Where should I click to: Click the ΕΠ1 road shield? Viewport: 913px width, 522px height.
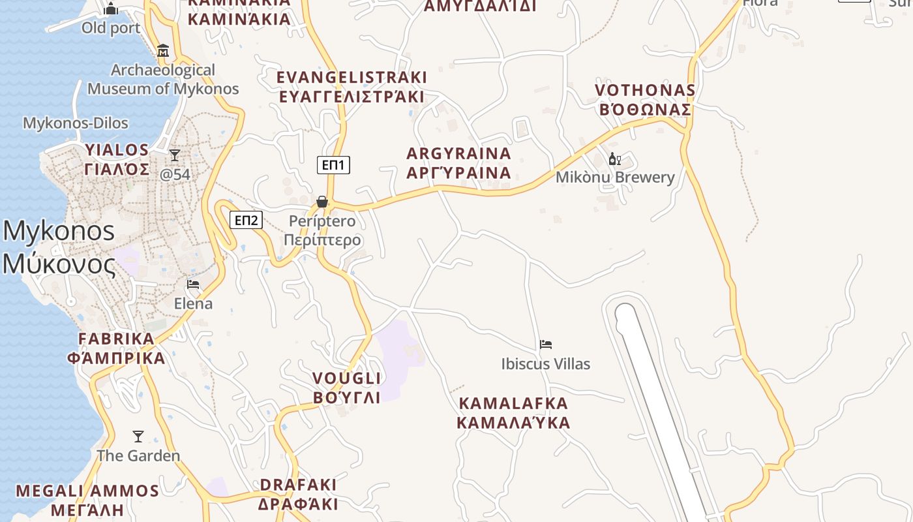tap(334, 165)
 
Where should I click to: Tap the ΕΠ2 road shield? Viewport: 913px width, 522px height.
tap(246, 220)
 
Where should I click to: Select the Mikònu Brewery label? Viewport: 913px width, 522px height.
tap(615, 177)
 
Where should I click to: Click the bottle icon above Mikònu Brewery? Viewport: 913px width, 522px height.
tap(614, 159)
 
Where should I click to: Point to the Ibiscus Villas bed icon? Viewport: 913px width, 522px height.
tap(546, 345)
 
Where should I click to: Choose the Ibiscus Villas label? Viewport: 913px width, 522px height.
tap(546, 364)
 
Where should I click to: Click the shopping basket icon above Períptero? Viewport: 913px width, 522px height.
tap(322, 202)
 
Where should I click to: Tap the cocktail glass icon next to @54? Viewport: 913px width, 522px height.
tap(175, 155)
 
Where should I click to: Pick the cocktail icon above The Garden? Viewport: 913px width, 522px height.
tap(138, 437)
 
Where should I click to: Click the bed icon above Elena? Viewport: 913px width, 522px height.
tap(193, 284)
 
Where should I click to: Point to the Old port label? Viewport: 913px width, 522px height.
tap(111, 28)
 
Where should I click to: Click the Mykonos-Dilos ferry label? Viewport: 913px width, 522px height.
tap(76, 123)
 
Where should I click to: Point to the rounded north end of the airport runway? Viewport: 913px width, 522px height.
tap(625, 312)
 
